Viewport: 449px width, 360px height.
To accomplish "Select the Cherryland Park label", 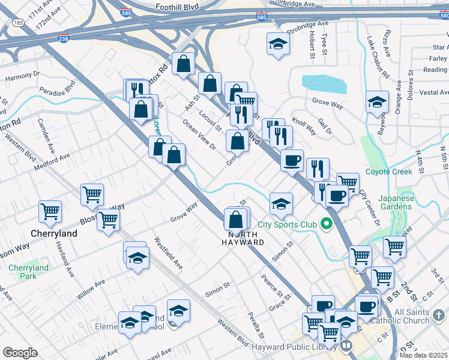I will coord(29,272).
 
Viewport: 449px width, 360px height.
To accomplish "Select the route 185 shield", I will coord(18,23).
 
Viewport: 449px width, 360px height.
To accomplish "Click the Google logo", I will coord(20,353).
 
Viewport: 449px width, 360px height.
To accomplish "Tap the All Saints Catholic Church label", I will coord(408,317).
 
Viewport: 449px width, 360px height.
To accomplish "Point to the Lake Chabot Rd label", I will coord(378,58).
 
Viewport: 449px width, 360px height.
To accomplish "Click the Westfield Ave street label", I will coord(169,253).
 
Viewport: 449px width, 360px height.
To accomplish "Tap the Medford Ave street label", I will coord(52,160).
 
